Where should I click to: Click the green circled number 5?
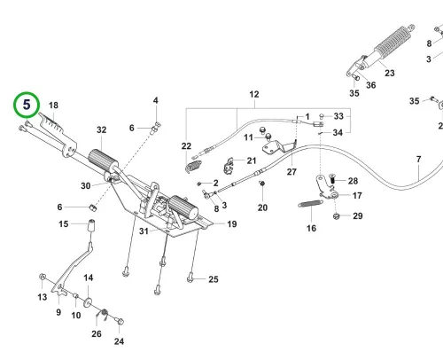(27, 105)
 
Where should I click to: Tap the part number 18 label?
(53, 106)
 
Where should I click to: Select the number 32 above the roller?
(102, 129)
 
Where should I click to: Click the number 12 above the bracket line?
(254, 94)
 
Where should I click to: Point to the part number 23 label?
(390, 73)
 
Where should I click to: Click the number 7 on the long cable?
(418, 160)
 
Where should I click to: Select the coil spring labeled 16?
(310, 204)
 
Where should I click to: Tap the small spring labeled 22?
(193, 166)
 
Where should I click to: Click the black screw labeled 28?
(331, 179)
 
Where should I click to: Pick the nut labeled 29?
(336, 216)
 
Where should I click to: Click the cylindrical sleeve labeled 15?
(91, 226)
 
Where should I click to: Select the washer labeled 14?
(88, 302)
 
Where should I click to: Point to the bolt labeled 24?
(120, 321)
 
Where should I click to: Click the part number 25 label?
(214, 279)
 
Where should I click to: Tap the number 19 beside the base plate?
(232, 224)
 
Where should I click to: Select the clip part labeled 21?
(229, 166)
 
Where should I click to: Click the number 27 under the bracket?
(291, 172)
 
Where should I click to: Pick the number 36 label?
(371, 85)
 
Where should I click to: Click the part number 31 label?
(144, 231)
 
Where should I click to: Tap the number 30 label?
(86, 186)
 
